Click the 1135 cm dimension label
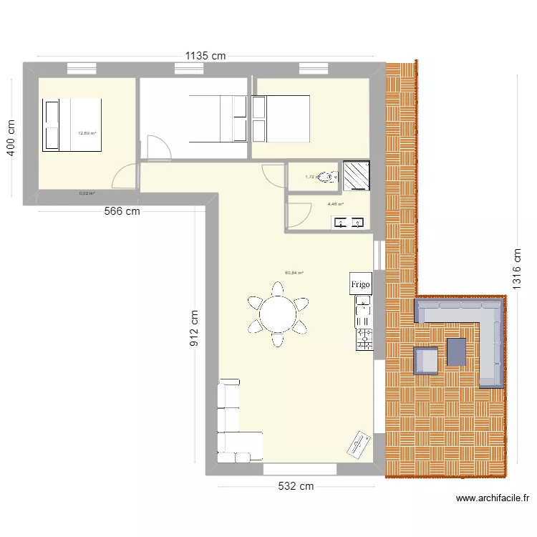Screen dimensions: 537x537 (205, 54)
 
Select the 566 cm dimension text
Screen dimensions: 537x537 (122, 211)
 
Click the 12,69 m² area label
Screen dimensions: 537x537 (87, 133)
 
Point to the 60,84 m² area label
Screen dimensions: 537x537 (294, 273)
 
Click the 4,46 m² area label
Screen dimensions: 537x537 (336, 204)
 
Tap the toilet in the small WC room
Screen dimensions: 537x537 (327, 176)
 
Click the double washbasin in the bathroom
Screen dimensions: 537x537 (349, 223)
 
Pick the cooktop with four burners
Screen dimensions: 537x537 (364, 339)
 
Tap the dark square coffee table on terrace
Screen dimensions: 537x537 (456, 352)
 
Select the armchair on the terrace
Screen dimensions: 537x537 (426, 360)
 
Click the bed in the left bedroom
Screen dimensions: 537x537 (72, 125)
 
